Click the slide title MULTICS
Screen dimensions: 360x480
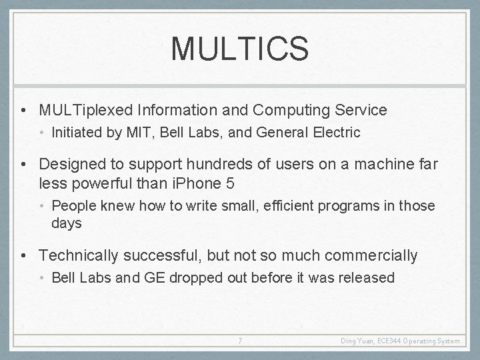pos(239,49)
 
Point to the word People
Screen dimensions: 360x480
pos(71,206)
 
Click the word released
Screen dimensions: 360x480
pos(369,277)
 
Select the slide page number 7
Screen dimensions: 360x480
pos(240,341)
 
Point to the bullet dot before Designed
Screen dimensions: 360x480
pos(23,163)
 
